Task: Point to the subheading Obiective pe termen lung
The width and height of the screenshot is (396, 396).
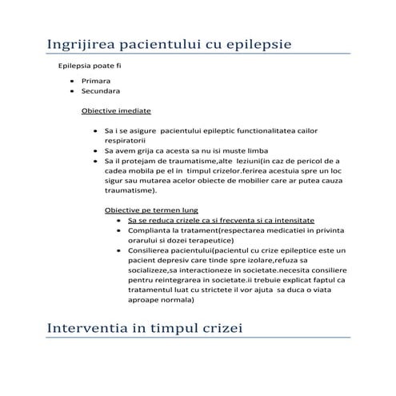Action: (143, 210)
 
